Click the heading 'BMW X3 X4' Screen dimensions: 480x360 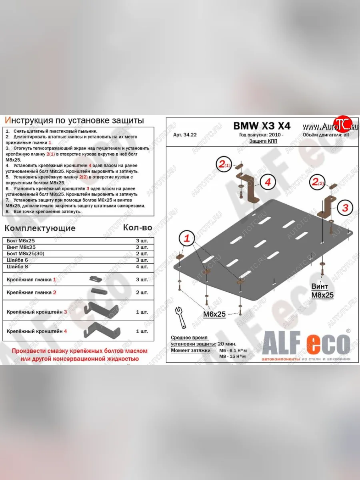(x=262, y=126)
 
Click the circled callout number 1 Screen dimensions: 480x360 (x=186, y=239)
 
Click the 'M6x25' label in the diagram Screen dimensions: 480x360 (x=214, y=314)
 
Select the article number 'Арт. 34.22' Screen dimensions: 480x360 (x=185, y=135)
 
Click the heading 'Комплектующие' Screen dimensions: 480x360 (x=40, y=228)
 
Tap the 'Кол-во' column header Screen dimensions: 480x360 (x=137, y=228)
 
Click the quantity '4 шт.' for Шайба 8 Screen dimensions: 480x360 (x=142, y=266)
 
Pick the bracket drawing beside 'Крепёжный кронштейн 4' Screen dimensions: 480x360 (x=102, y=330)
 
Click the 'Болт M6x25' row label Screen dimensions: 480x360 (x=21, y=241)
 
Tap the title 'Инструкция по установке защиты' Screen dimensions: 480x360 (x=74, y=120)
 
